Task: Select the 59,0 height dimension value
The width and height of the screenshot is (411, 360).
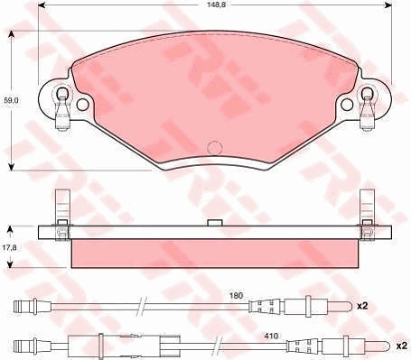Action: (x=11, y=100)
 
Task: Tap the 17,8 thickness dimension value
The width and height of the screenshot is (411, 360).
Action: (x=11, y=247)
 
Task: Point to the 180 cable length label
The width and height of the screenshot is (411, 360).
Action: (x=236, y=296)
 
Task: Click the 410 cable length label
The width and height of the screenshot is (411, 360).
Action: (x=271, y=336)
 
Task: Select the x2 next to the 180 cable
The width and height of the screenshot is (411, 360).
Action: (x=362, y=306)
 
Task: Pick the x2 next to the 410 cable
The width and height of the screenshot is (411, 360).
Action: (x=402, y=346)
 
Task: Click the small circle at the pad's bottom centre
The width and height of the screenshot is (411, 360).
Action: (x=215, y=148)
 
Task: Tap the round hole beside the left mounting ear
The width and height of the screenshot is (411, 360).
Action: (x=83, y=105)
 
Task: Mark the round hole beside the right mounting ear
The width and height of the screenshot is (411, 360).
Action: (x=347, y=104)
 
